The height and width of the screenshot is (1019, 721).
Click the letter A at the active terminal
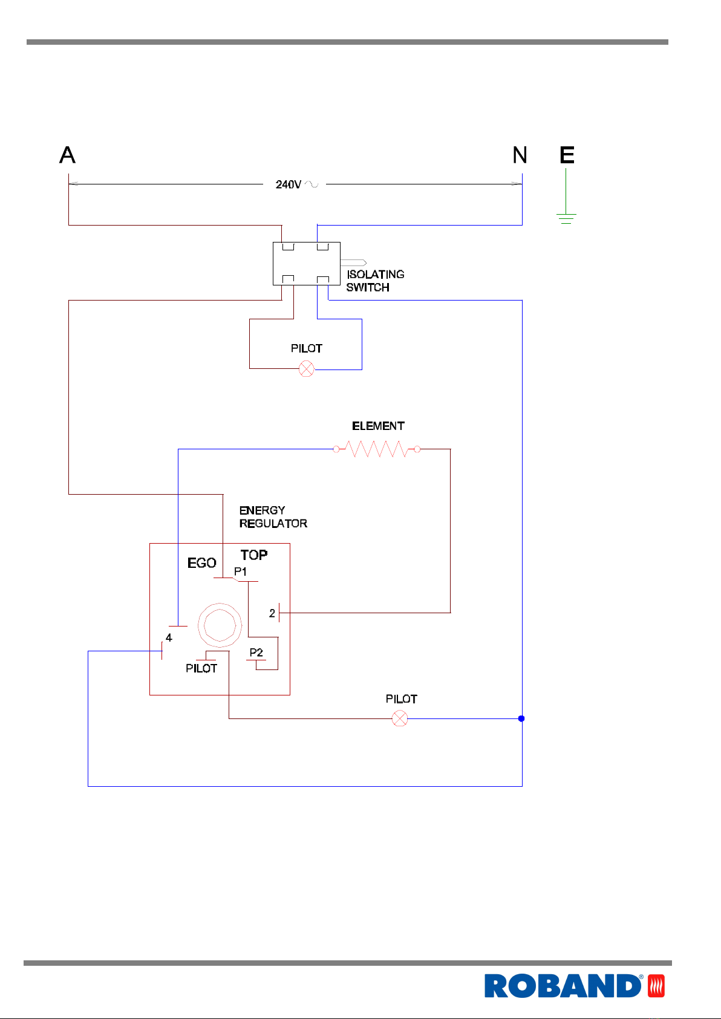pyautogui.click(x=67, y=155)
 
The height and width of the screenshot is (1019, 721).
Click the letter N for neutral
pyautogui.click(x=520, y=155)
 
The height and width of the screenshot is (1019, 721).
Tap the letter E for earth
pyautogui.click(x=567, y=155)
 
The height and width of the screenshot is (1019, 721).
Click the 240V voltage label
pyautogui.click(x=289, y=184)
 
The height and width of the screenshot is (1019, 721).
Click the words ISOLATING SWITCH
pyautogui.click(x=375, y=281)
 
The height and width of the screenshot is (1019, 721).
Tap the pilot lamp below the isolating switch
pyautogui.click(x=307, y=368)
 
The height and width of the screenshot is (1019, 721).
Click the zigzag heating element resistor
pyautogui.click(x=377, y=449)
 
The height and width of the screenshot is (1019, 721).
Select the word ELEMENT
pyautogui.click(x=378, y=426)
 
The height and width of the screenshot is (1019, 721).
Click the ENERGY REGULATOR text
pyautogui.click(x=273, y=517)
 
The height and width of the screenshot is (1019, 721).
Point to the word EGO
pyautogui.click(x=201, y=563)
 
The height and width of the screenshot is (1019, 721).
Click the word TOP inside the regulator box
pyautogui.click(x=254, y=555)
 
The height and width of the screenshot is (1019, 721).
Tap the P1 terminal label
pyautogui.click(x=240, y=571)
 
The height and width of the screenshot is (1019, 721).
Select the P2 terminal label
pyautogui.click(x=256, y=653)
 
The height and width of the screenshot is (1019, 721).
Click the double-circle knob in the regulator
pyautogui.click(x=220, y=604)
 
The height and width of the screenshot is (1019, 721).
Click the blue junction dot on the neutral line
pyautogui.click(x=521, y=718)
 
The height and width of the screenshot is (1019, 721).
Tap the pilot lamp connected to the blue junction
pyautogui.click(x=400, y=718)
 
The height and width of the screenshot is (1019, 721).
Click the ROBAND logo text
pyautogui.click(x=563, y=986)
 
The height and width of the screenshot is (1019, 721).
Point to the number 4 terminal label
pyautogui.click(x=169, y=638)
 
